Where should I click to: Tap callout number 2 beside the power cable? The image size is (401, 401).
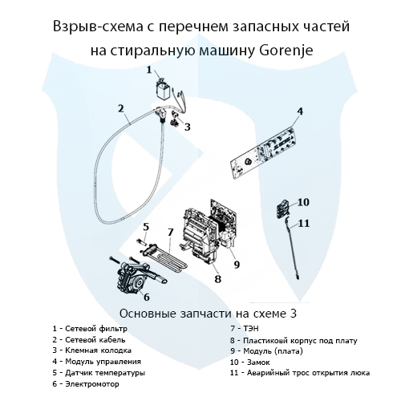tap(119, 108)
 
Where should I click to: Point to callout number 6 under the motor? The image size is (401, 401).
tap(146, 297)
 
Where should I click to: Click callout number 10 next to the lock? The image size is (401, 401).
tap(303, 201)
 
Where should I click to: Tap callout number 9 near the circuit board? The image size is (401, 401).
tap(237, 264)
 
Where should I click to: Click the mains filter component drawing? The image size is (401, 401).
tap(164, 90)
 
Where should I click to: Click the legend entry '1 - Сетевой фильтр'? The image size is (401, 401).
tap(89, 329)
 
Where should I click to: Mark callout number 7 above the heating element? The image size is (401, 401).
tap(171, 232)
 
